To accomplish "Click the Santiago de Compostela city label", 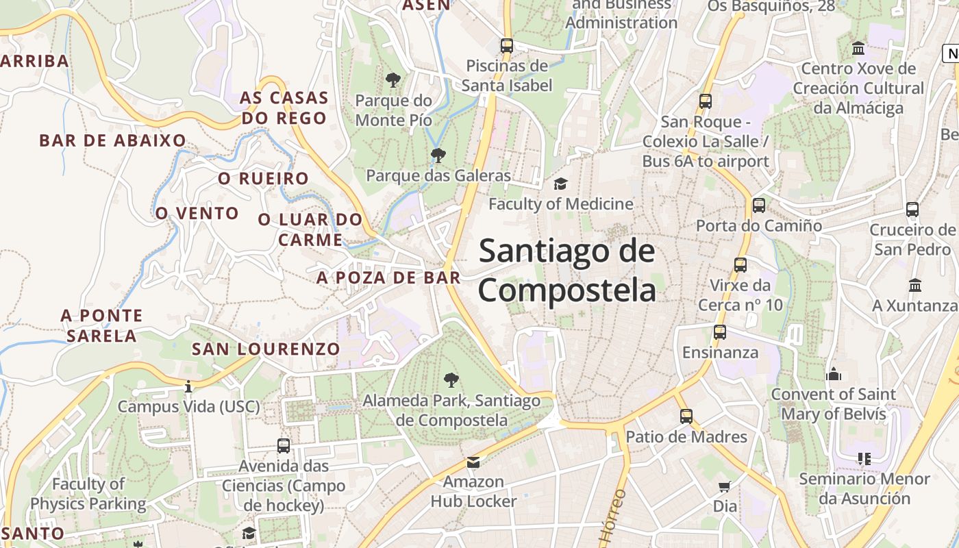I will [567, 270].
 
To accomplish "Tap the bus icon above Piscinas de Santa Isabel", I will [507, 46].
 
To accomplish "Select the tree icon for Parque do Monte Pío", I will [393, 80].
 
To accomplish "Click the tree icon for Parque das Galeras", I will [438, 155].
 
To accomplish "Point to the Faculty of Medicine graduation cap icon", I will [560, 184].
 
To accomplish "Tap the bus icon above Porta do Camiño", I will [758, 205].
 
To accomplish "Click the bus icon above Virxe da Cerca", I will [740, 264].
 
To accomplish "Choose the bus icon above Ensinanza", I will [719, 332].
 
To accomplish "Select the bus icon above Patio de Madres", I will [686, 416].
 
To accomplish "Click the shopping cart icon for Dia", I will [725, 486].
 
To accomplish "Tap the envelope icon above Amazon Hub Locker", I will [473, 462].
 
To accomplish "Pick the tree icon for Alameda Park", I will [451, 379].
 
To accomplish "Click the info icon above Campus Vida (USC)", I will [188, 387].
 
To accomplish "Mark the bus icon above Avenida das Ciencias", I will [284, 446].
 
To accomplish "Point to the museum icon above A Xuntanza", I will [915, 285].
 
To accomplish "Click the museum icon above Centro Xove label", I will [858, 49].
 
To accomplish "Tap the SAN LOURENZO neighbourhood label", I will [266, 349].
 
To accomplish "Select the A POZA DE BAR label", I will [388, 277].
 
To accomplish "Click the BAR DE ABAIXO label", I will [112, 140].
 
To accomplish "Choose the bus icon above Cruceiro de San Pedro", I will [912, 210].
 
